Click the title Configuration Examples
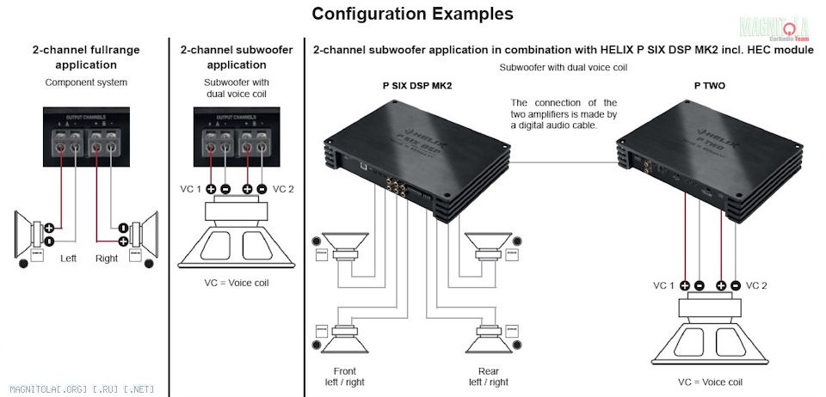(412, 14)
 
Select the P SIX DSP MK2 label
(416, 87)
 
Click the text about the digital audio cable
(564, 114)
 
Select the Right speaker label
(107, 258)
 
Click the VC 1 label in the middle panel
(191, 188)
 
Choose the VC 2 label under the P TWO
(757, 285)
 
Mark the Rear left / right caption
(488, 376)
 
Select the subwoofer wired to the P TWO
(710, 331)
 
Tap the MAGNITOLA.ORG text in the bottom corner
(70, 389)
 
